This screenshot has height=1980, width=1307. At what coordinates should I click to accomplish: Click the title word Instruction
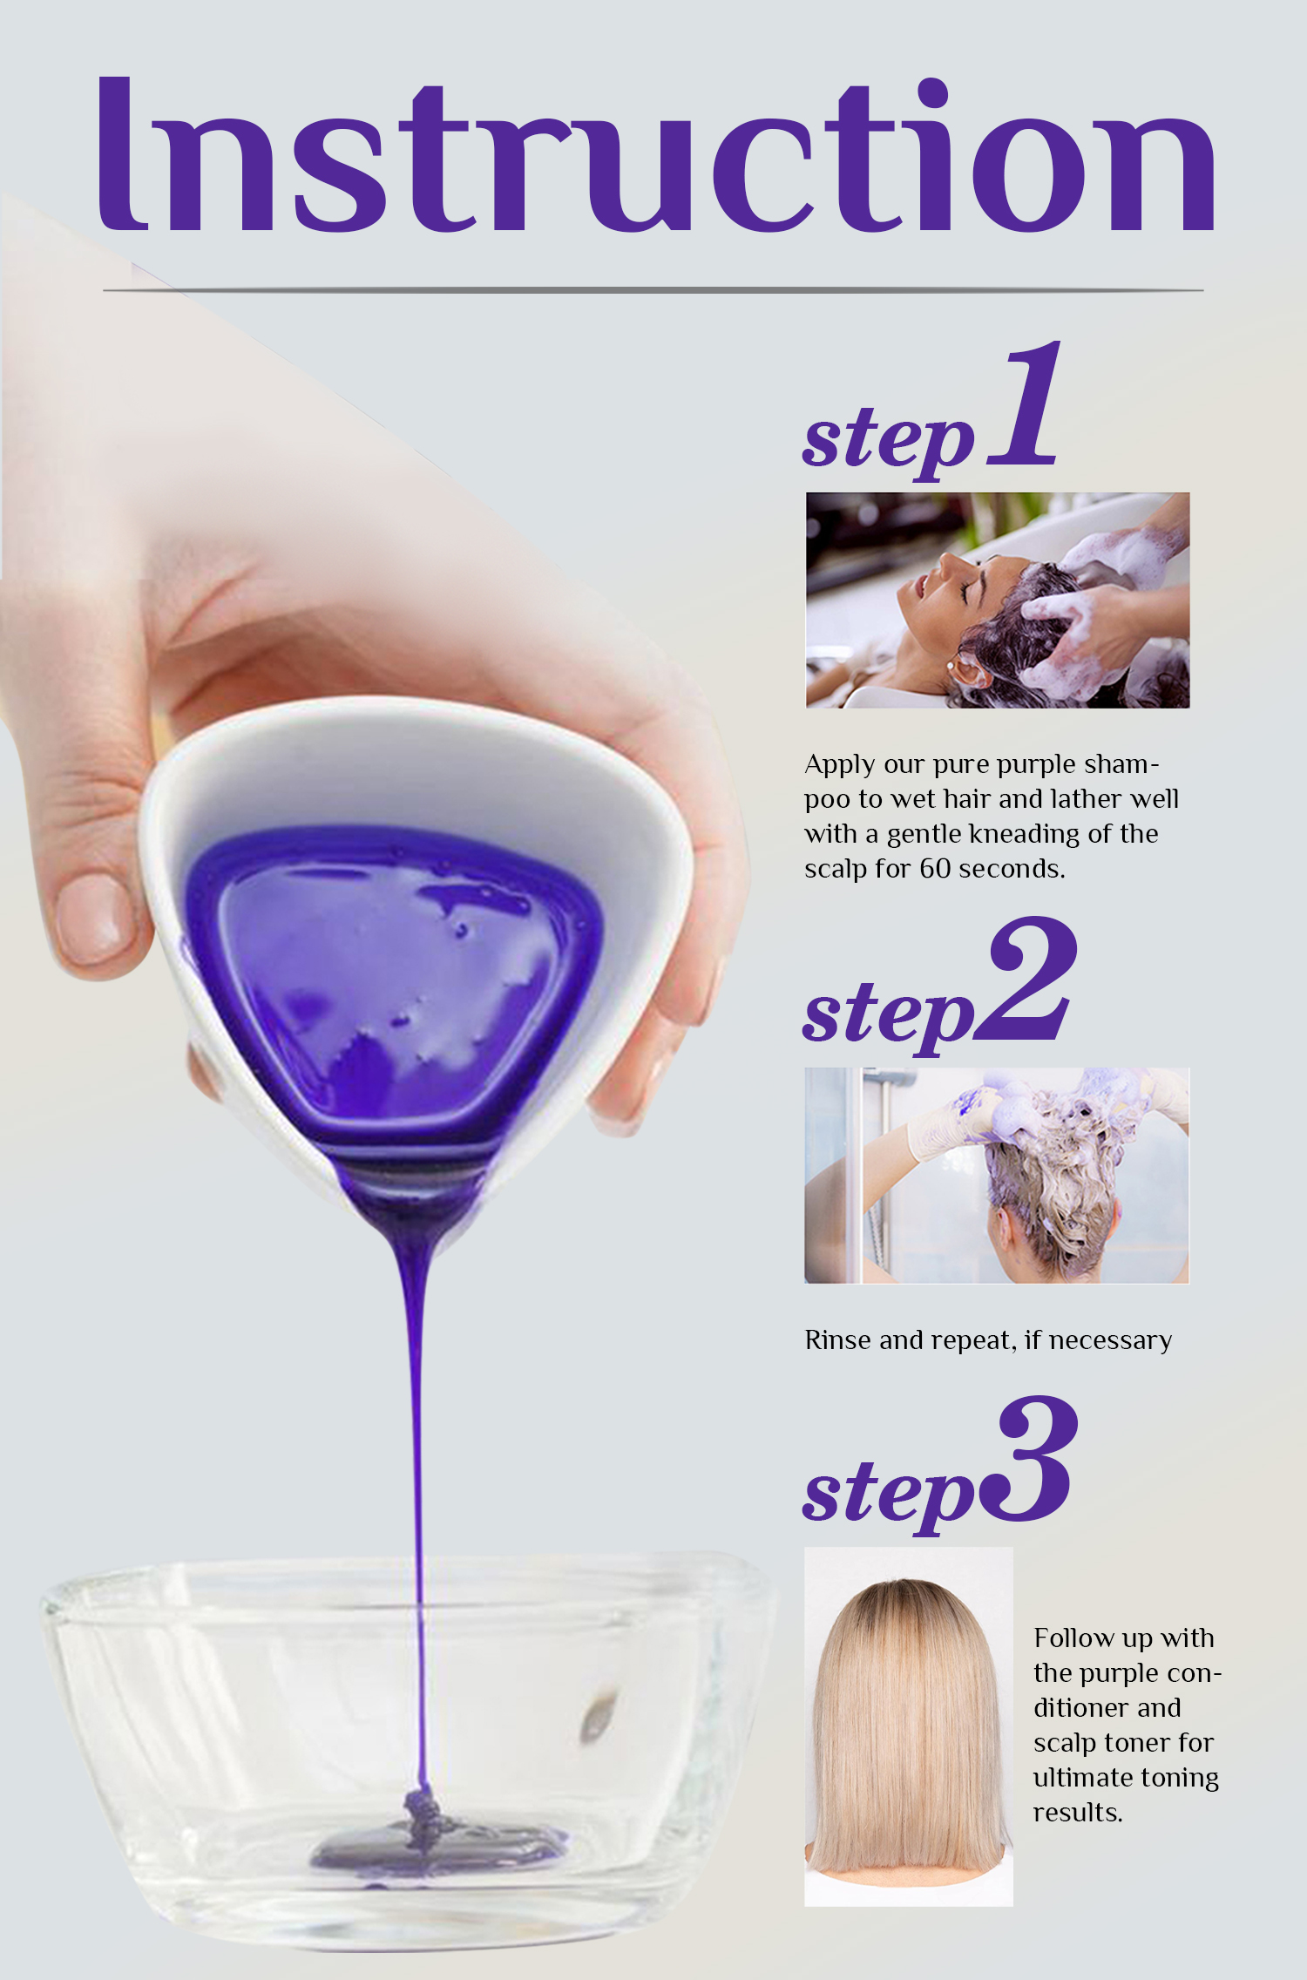(x=653, y=157)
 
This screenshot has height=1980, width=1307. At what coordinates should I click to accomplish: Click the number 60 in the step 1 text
(x=934, y=869)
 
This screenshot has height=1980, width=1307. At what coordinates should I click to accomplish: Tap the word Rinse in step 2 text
(x=838, y=1339)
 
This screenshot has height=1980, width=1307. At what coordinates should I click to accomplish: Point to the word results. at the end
(x=1077, y=1813)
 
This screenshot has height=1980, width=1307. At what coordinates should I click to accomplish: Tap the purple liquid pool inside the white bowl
(x=392, y=976)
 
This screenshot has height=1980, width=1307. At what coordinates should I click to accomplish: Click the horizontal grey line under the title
(x=653, y=289)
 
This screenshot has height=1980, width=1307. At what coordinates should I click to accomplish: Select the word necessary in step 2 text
(x=1110, y=1340)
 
